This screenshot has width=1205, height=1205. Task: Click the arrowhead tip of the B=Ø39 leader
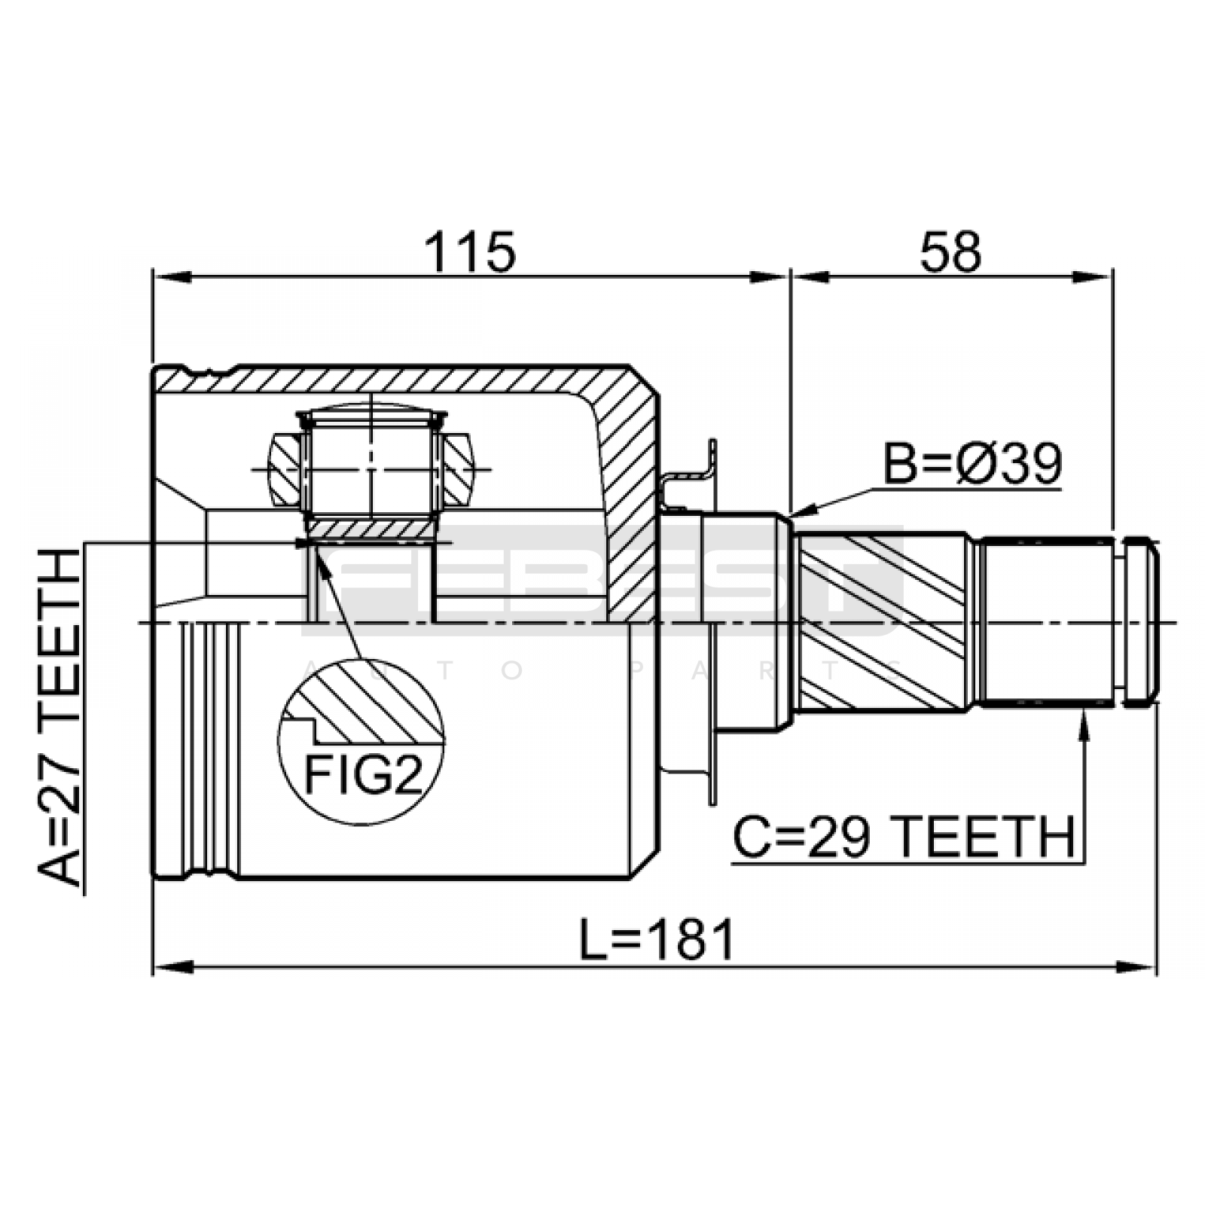pyautogui.click(x=792, y=517)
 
